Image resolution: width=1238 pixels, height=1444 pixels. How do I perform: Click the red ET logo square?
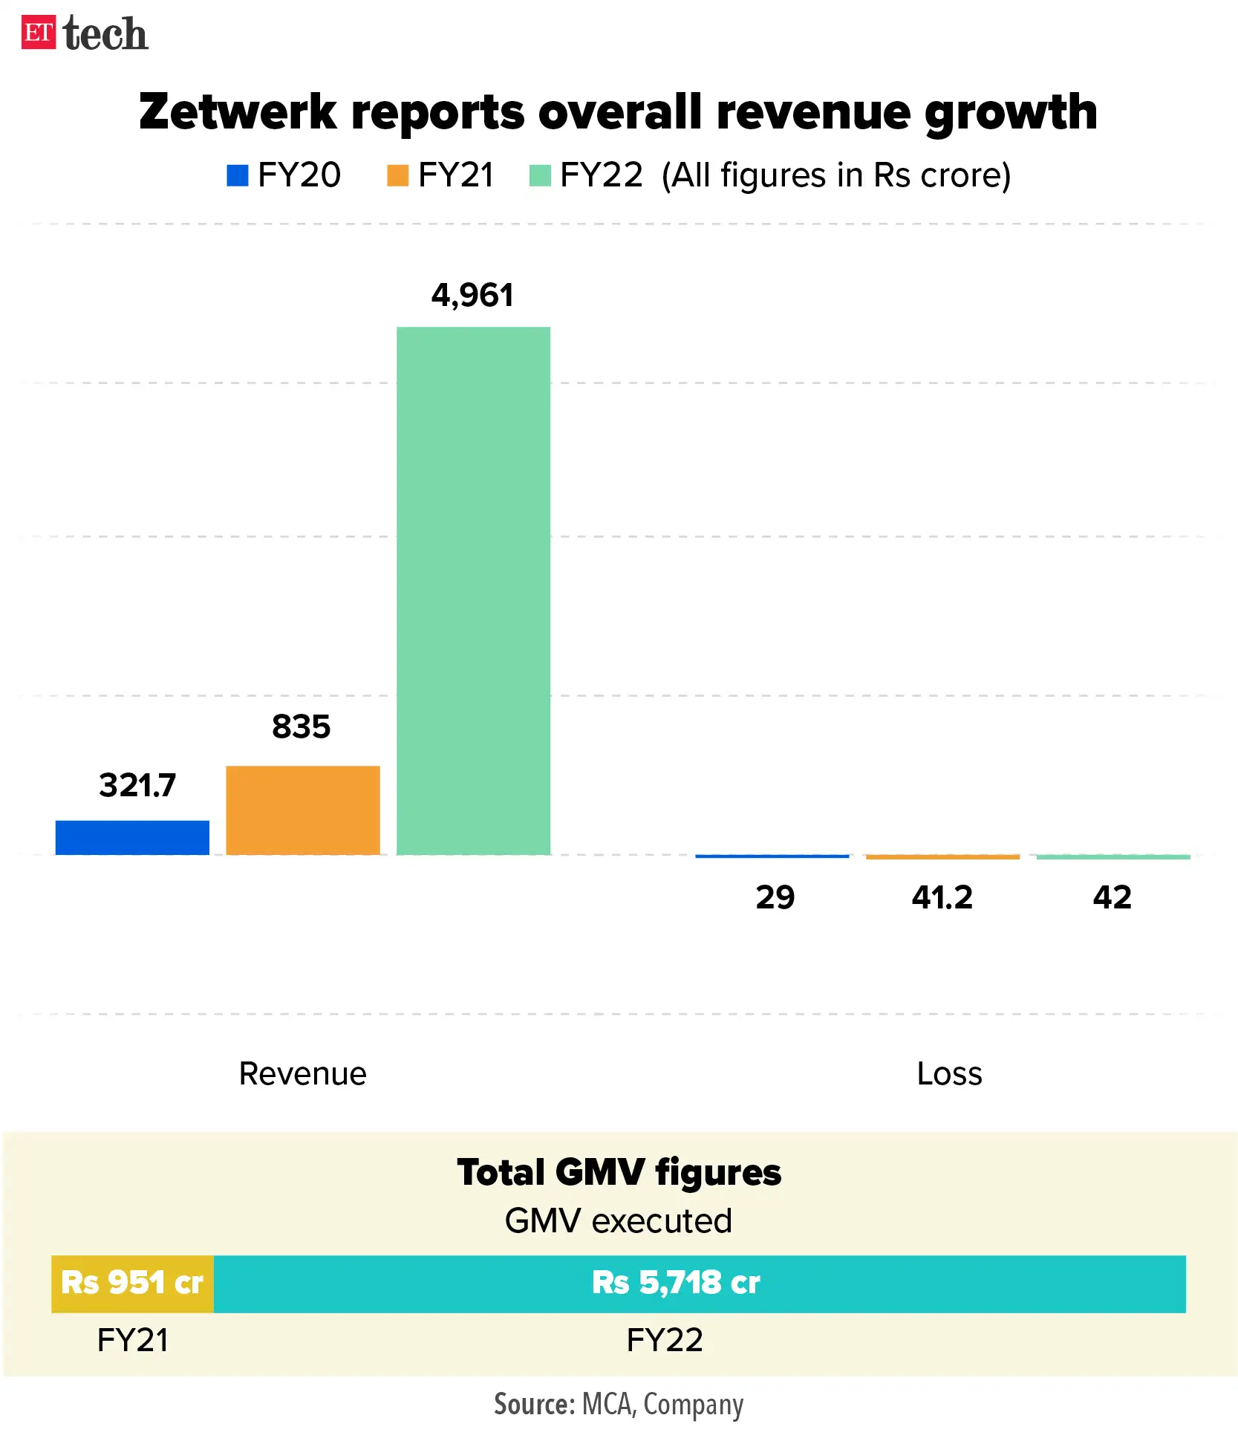pos(38,33)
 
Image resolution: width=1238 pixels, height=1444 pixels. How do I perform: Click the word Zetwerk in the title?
pos(238,112)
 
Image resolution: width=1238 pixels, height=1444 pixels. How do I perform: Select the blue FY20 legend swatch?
pos(237,175)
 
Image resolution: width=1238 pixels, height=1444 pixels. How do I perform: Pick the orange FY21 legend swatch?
pos(397,175)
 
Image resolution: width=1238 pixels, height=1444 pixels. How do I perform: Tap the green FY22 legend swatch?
pos(540,175)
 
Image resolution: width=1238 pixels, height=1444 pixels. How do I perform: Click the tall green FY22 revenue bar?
pos(473,591)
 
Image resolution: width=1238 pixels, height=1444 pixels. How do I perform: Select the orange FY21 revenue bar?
pos(303,810)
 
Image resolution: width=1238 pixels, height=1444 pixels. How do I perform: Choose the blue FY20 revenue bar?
pos(132,837)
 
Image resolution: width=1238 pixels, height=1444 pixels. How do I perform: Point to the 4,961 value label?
pos(472,296)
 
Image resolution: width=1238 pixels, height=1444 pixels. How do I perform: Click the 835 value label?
pos(301,726)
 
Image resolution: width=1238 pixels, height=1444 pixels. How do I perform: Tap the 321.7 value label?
pos(137,785)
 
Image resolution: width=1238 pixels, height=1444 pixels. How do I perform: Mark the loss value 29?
pos(775,897)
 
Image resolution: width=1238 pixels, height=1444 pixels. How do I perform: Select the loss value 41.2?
pos(942,897)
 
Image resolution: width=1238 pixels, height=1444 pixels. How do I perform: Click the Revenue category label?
pos(302,1073)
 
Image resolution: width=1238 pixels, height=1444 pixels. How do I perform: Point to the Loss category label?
pos(949,1073)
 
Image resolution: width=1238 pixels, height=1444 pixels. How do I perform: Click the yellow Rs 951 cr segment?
pos(132,1284)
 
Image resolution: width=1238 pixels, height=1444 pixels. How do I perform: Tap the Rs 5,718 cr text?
pos(676,1283)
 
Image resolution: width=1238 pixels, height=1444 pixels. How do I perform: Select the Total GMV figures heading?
pos(619,1173)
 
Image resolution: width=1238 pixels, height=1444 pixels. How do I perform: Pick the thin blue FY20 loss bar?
pos(772,856)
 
